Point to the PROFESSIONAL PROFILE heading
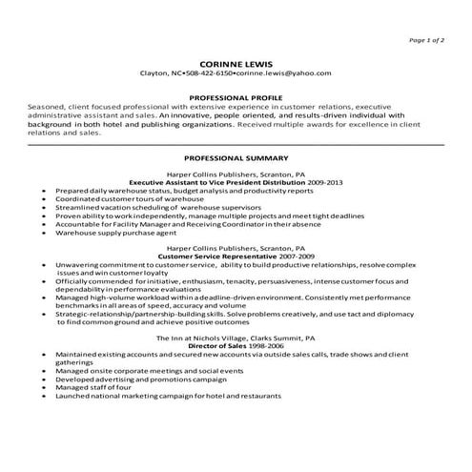tap(236, 97)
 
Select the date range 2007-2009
tap(274, 257)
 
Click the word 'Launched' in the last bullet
tap(74, 397)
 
